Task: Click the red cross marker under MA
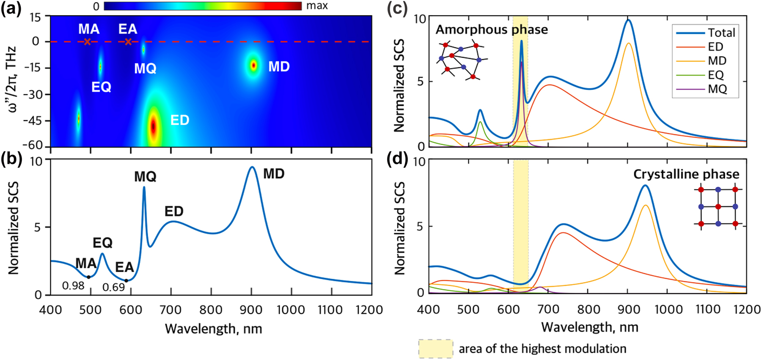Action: point(87,41)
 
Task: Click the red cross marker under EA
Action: point(128,41)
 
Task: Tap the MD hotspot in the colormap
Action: point(253,65)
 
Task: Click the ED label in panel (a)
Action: point(179,121)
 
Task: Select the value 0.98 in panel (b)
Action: point(73,286)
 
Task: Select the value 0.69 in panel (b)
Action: point(114,287)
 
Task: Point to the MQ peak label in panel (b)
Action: point(145,177)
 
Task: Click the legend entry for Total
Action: point(721,33)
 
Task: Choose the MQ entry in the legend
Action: point(717,89)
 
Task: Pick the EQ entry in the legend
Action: point(715,75)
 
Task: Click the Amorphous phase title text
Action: point(492,30)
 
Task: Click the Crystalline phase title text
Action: point(686,174)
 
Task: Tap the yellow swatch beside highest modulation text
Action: point(435,349)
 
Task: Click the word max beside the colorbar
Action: point(317,6)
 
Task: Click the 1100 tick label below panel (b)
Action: point(330,310)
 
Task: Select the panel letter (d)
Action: point(398,160)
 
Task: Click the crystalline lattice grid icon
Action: point(718,207)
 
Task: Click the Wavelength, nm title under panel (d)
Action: point(589,327)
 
